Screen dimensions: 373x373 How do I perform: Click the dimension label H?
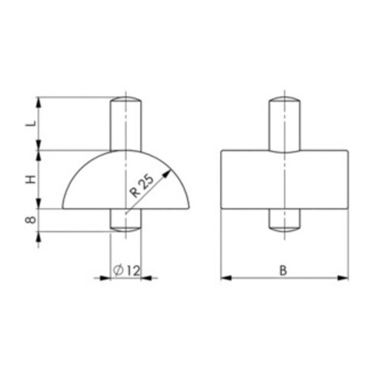click(28, 180)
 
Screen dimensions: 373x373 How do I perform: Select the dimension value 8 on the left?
click(28, 220)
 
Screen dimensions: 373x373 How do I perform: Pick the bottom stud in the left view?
click(126, 218)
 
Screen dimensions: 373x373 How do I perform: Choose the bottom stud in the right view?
click(285, 219)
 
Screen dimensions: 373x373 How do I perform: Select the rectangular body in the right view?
click(244, 180)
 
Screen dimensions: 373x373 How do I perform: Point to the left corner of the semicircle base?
click(61, 209)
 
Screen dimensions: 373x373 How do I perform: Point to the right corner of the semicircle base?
click(192, 209)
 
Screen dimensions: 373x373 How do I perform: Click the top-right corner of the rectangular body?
click(349, 151)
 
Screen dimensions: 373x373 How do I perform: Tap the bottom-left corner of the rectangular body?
click(221, 209)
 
